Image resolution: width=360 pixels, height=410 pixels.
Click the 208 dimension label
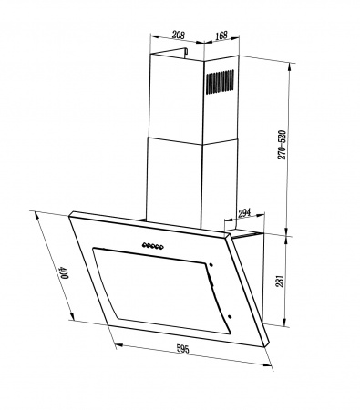tap(179, 35)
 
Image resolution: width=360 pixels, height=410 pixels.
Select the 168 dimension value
tap(221, 36)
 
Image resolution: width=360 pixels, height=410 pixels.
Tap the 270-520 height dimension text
tap(282, 145)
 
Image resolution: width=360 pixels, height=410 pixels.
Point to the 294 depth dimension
tap(244, 213)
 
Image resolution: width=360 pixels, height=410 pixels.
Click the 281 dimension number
tap(280, 281)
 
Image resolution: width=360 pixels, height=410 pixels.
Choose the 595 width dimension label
tap(182, 349)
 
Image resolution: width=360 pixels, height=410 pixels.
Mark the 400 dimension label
tap(64, 272)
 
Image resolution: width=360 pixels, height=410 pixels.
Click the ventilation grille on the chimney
tap(220, 82)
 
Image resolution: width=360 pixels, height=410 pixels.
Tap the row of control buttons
tap(153, 246)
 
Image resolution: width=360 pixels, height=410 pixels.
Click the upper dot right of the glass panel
tap(211, 265)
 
